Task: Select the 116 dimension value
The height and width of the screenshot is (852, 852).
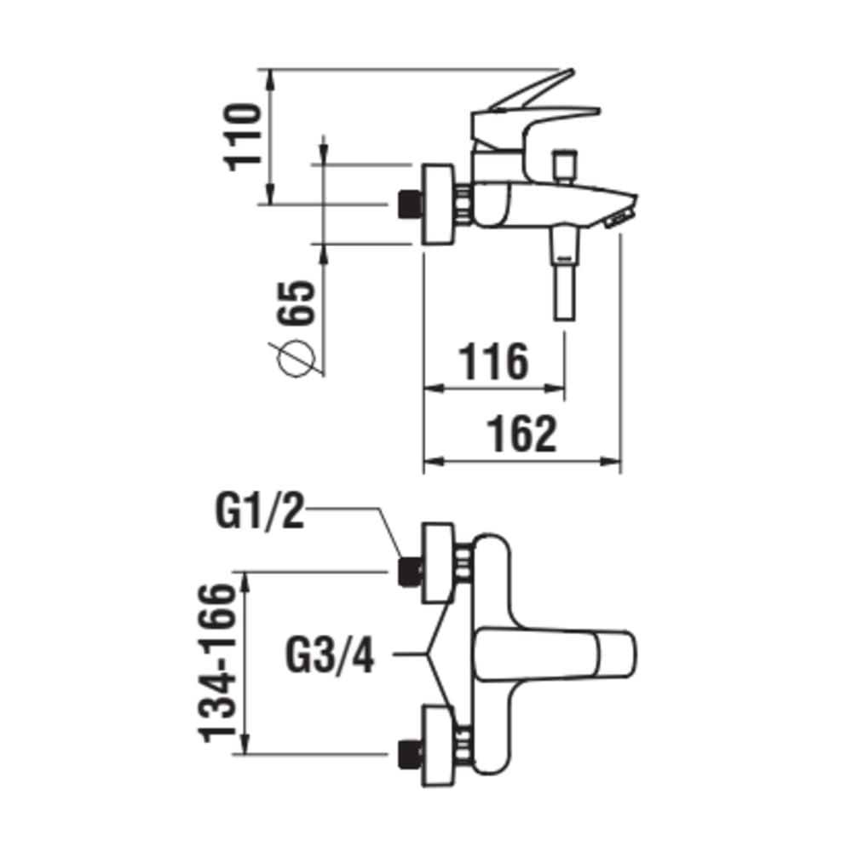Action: (x=494, y=362)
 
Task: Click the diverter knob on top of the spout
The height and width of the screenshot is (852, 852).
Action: (x=563, y=164)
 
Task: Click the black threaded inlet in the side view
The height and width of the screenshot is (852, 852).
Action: (x=412, y=204)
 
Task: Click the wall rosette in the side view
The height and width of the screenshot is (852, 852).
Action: (x=440, y=204)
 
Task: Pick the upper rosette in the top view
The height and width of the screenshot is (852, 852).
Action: (x=440, y=562)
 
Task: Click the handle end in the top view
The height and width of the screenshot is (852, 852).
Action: (x=617, y=656)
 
